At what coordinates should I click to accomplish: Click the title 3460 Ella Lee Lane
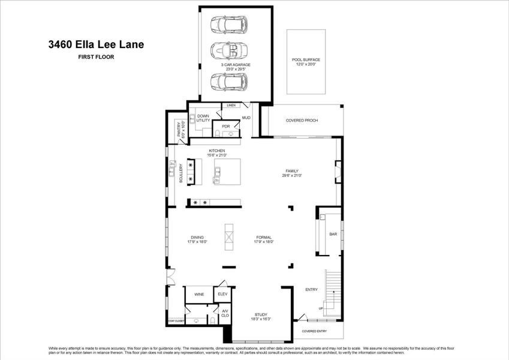tap(96, 44)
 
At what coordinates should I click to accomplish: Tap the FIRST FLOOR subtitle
tap(96, 57)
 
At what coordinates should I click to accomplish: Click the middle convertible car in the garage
tap(228, 50)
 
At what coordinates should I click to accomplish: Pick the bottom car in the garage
tap(228, 81)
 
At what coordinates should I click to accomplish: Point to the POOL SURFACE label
tap(306, 60)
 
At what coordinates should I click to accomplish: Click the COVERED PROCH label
tap(302, 121)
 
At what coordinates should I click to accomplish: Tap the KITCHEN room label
tap(216, 151)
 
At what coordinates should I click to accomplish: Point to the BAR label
tap(333, 234)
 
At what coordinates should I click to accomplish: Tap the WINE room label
tap(198, 295)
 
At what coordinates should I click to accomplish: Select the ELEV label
tap(222, 294)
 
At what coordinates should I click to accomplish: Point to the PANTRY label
tap(179, 132)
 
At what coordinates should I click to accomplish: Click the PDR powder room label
tap(225, 127)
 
